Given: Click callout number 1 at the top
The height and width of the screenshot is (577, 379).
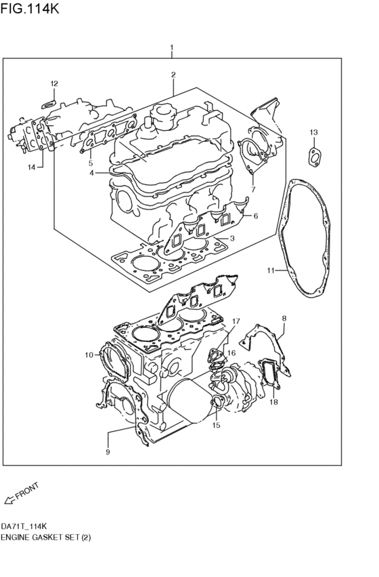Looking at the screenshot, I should pyautogui.click(x=172, y=48).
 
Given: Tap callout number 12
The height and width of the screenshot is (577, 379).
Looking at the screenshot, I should pyautogui.click(x=53, y=83).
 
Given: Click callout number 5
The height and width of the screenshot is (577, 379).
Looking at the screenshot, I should pyautogui.click(x=89, y=163).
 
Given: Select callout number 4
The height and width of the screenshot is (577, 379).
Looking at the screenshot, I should pyautogui.click(x=91, y=174).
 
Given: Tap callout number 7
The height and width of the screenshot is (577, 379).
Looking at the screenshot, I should pyautogui.click(x=253, y=191).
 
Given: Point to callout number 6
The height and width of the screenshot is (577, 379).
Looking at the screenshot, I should pyautogui.click(x=256, y=216).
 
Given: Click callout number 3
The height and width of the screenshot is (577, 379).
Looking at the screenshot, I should pyautogui.click(x=232, y=238).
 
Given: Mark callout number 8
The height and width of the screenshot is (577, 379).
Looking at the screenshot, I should pyautogui.click(x=284, y=317).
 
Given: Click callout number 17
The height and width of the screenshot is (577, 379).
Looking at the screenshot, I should pyautogui.click(x=236, y=321).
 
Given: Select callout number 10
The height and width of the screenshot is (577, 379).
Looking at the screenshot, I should pyautogui.click(x=88, y=355).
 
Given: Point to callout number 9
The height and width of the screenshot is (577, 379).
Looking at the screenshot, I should pyautogui.click(x=108, y=452).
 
